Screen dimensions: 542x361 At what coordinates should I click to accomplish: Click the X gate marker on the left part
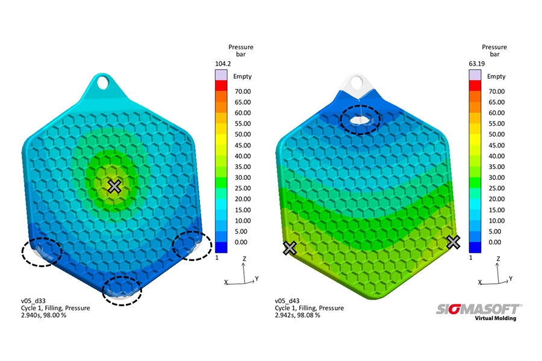[x=114, y=187]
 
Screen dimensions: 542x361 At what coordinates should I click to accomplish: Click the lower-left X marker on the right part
[x=290, y=248]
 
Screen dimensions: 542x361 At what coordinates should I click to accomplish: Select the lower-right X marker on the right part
[x=453, y=242]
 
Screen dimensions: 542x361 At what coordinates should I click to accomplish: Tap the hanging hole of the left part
[x=102, y=82]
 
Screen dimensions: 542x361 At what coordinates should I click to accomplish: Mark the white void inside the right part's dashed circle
[x=359, y=120]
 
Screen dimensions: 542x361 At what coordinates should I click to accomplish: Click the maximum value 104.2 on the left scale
[x=223, y=64]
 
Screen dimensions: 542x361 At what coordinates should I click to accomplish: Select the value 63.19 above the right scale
[x=477, y=64]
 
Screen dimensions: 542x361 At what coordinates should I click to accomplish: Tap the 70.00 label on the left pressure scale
[x=243, y=91]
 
